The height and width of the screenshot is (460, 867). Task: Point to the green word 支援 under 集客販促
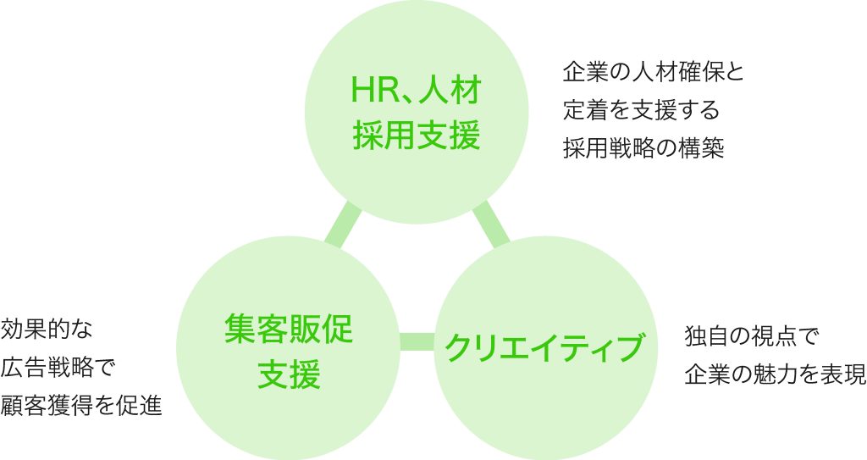[x=288, y=374]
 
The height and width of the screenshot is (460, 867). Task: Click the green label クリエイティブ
[x=543, y=346]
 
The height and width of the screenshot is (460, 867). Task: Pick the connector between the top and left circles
[x=344, y=224]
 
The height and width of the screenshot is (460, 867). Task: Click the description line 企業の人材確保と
[x=653, y=71]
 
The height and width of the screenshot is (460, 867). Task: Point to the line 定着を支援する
[x=641, y=110]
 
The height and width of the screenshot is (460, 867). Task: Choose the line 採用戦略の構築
[x=643, y=148]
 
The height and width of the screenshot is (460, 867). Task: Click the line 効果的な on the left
[x=50, y=328]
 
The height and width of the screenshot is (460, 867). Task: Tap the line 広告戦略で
[x=58, y=367]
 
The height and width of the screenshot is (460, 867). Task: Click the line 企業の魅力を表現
[x=774, y=374]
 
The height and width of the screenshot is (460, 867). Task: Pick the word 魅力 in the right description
[x=765, y=374]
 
